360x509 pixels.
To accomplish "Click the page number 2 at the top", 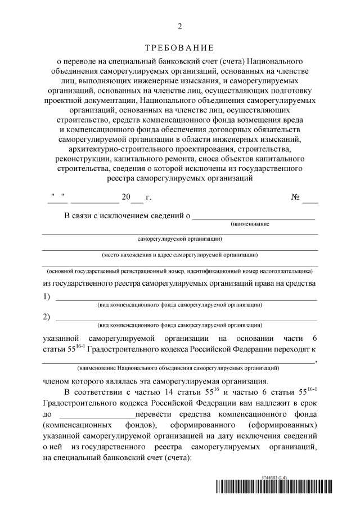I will [180, 26].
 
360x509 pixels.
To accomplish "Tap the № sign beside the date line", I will [295, 197].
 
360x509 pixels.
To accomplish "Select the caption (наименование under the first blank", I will [250, 224].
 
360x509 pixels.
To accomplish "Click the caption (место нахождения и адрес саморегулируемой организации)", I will [180, 254].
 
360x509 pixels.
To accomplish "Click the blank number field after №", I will [310, 199].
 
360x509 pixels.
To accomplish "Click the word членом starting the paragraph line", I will [58, 380].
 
